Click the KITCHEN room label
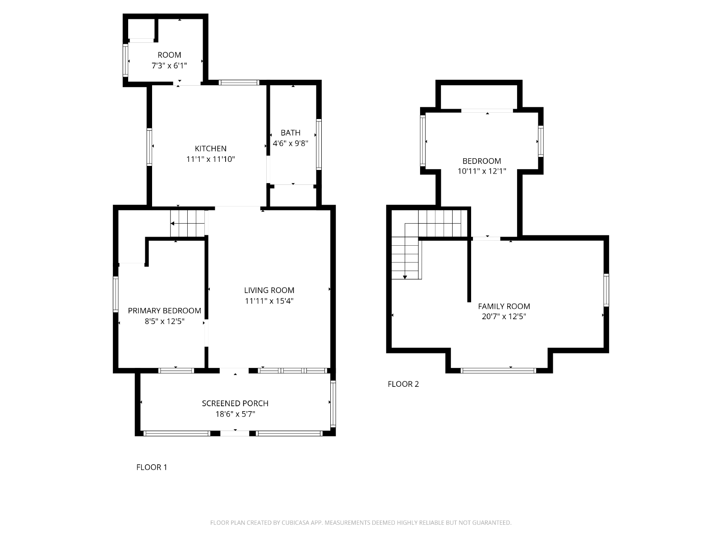[211, 148]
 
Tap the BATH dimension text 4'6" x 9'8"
[291, 143]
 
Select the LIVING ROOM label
[269, 290]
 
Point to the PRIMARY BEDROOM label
[164, 311]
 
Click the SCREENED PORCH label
[235, 403]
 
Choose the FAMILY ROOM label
[504, 307]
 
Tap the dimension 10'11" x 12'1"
[482, 171]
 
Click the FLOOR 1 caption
[152, 467]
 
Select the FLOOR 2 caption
[403, 384]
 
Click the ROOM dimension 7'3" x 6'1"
[169, 66]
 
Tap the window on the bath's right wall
[319, 145]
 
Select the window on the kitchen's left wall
[149, 147]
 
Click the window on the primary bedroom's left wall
[116, 294]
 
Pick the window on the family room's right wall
[606, 290]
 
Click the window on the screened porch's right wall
[333, 403]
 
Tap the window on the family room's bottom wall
[498, 371]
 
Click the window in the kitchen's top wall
[239, 83]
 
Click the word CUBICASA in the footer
[296, 523]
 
